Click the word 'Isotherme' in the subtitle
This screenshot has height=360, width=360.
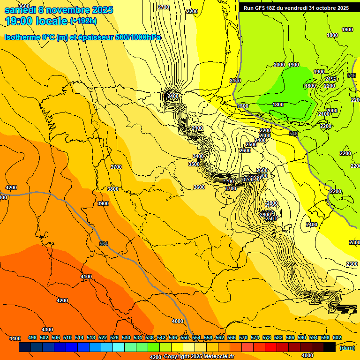pos(22,37)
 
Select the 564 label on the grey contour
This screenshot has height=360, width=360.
pos(104,243)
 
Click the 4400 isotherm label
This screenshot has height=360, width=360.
pos(15,338)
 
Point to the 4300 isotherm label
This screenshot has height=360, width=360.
pos(47,330)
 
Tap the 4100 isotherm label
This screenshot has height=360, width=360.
pos(86,277)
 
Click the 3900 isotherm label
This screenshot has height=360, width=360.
pos(103,203)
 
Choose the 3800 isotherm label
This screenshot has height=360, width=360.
pos(113,189)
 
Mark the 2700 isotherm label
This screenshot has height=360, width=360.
pos(164,7)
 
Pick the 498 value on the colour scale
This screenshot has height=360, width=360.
pos(32,337)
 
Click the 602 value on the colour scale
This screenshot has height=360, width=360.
pos(337,337)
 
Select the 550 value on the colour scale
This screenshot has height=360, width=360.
pos(185,337)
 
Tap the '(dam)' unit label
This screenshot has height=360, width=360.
pos(347,347)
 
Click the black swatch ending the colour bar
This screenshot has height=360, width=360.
pos(330,347)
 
